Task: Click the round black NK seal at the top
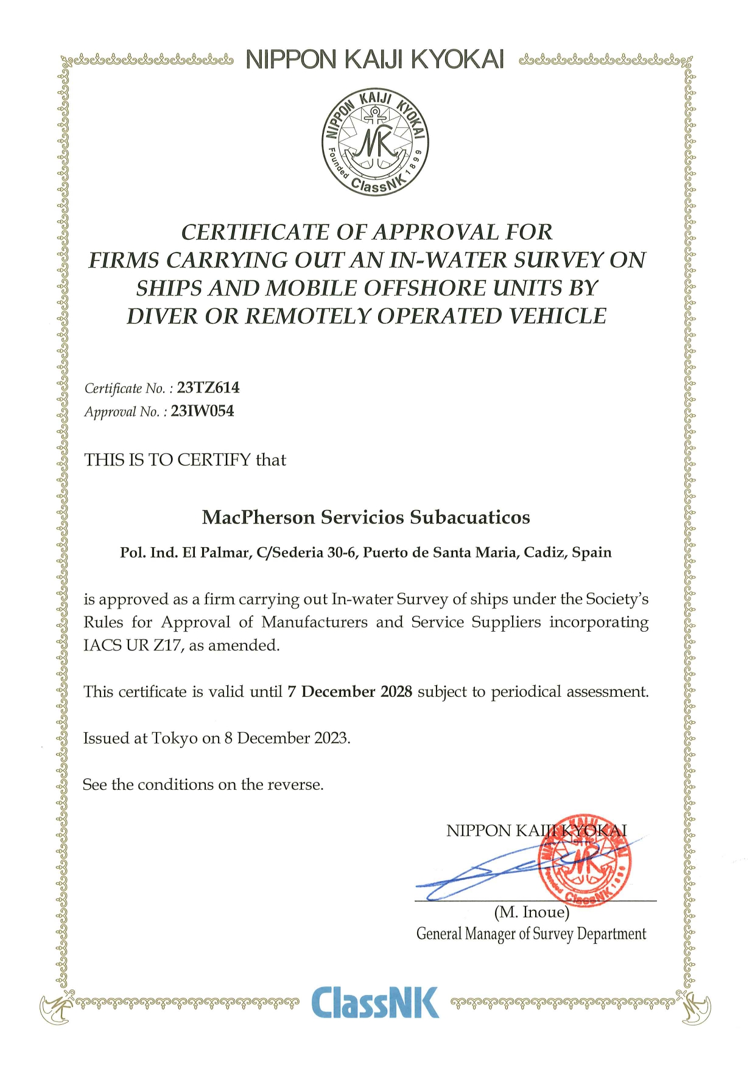coord(375,142)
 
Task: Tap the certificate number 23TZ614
coord(208,388)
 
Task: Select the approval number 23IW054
coord(202,411)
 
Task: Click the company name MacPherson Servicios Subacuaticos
coord(366,517)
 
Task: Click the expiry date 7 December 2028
coord(350,692)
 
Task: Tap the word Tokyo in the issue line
coord(175,738)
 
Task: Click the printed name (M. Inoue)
coord(532,912)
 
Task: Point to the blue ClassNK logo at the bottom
coord(374,1003)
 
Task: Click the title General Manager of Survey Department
coord(531,934)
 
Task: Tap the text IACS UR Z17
coord(133,645)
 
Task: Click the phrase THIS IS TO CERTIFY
coord(167,460)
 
